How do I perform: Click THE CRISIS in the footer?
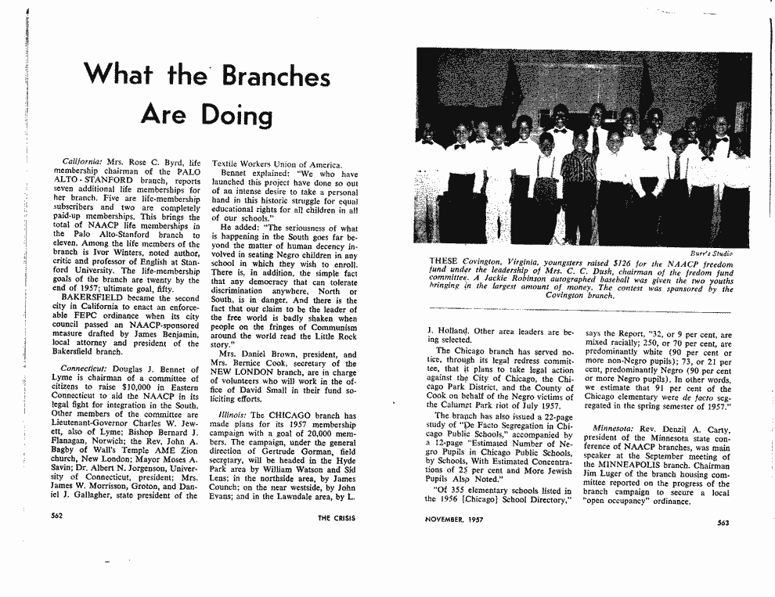335,518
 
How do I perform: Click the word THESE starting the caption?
443,263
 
